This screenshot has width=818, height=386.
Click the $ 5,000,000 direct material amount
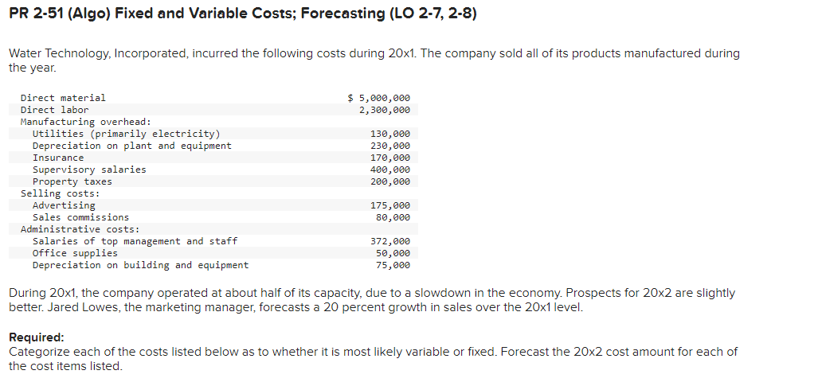point(380,98)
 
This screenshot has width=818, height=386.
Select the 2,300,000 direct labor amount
point(385,110)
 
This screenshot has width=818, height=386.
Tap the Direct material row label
point(63,98)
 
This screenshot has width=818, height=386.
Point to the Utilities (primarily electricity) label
point(126,134)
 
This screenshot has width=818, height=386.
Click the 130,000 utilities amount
point(390,134)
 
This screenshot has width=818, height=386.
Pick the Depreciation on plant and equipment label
point(132,146)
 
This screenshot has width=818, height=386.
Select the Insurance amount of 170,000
point(390,158)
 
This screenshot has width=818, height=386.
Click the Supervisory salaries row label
point(89,170)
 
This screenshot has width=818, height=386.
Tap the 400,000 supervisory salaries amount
point(390,170)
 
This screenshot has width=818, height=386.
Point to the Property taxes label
point(72,181)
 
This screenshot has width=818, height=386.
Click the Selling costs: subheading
point(61,193)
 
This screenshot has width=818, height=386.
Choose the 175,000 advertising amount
point(390,205)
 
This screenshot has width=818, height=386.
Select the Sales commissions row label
point(80,217)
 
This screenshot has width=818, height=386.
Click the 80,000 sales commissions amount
point(393,217)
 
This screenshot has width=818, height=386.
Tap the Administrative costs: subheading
point(80,229)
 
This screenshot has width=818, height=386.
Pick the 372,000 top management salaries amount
point(390,241)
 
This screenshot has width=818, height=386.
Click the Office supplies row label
point(75,253)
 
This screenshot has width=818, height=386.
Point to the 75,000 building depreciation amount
point(393,265)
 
